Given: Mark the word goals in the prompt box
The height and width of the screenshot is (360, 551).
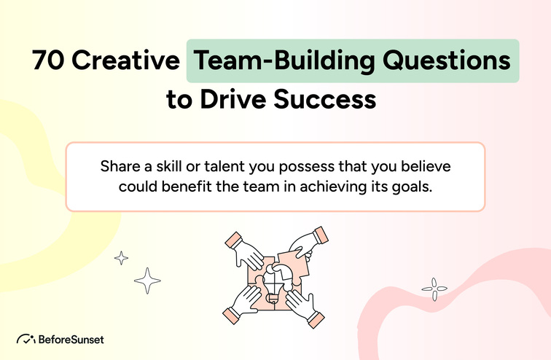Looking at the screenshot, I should click(x=418, y=186).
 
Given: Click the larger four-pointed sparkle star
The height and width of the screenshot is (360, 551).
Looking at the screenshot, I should click(x=149, y=280).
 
